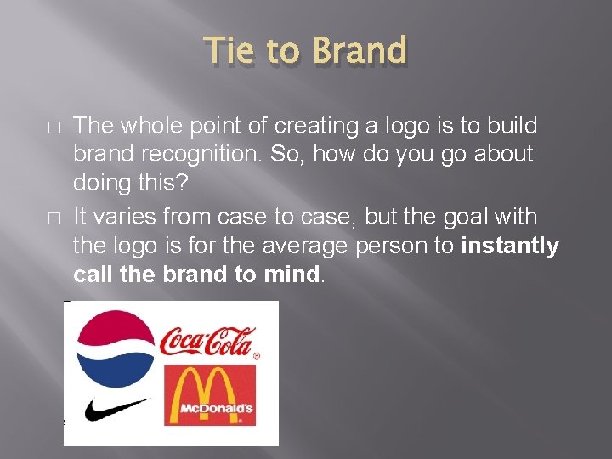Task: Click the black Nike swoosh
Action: coord(116,410)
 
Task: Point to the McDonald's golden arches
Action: coord(209,386)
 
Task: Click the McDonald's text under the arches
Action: coord(216,410)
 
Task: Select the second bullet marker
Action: coord(54,218)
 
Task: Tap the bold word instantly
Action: coord(510,246)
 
